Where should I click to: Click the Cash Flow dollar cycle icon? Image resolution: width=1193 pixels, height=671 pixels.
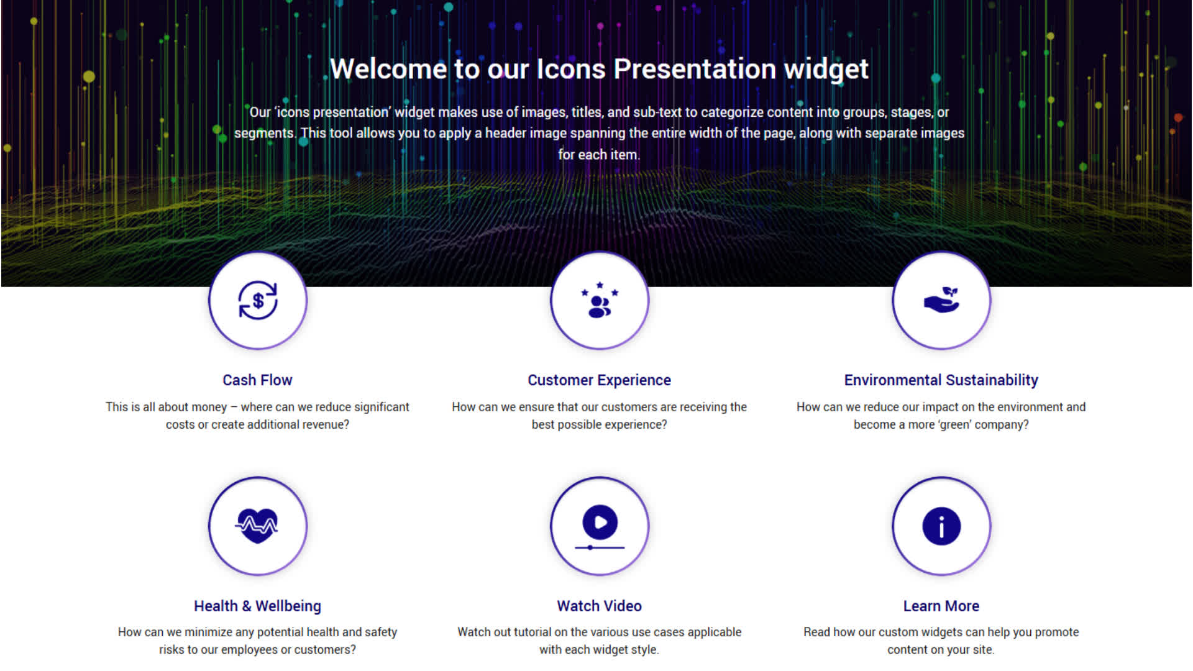point(258,301)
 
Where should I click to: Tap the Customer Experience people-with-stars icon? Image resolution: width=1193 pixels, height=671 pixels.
point(600,300)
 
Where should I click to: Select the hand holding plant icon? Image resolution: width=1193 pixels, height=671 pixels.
point(941,299)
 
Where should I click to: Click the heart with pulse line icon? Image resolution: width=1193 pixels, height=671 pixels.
point(257,526)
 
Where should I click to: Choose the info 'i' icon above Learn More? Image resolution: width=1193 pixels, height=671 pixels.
point(941,526)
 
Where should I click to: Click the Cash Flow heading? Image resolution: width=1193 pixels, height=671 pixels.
point(257,380)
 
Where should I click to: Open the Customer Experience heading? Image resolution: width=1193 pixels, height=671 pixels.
point(600,380)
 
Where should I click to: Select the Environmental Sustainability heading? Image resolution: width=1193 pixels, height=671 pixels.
point(941,380)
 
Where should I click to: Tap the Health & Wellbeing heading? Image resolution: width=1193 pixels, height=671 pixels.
point(257,606)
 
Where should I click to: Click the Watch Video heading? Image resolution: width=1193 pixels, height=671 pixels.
point(600,606)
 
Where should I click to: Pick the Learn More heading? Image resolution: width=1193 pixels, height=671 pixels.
point(941,606)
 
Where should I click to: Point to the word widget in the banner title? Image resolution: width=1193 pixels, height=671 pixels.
point(826,70)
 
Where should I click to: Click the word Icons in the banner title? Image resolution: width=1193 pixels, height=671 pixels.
point(571,69)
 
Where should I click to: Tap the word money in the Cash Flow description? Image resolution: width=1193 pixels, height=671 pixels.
point(209,408)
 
